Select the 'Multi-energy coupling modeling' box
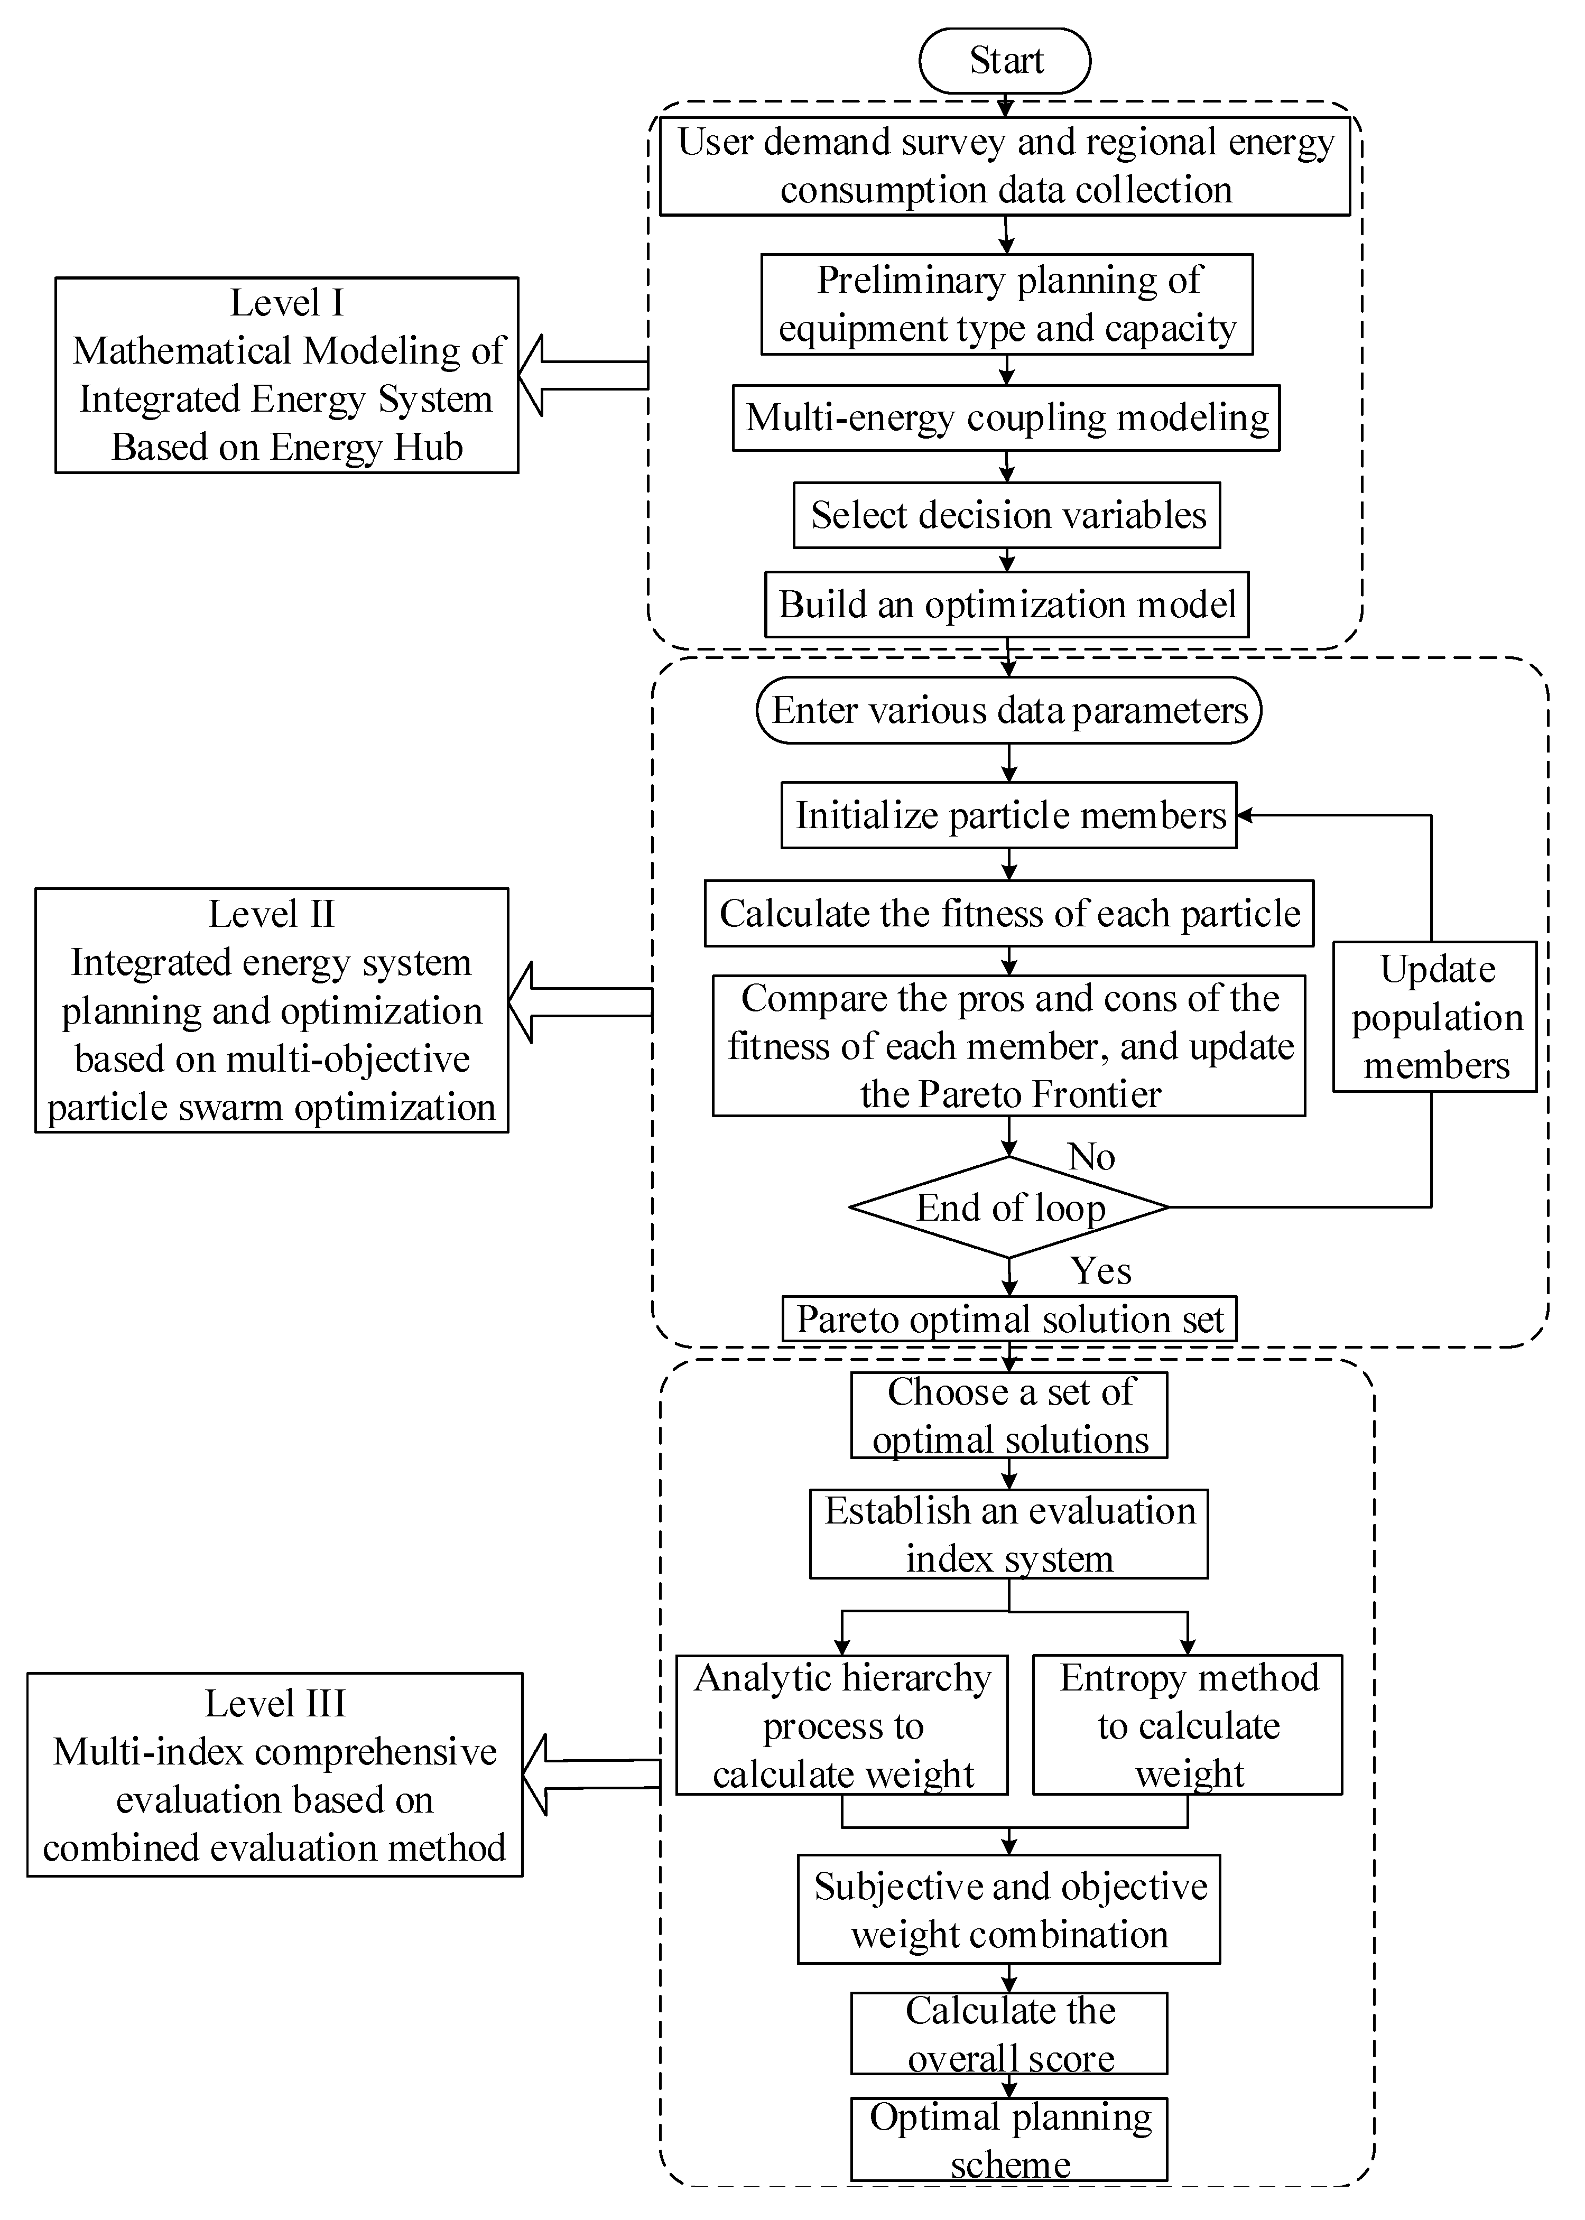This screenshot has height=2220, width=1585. [x=1006, y=417]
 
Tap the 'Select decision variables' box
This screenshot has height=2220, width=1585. [x=1006, y=515]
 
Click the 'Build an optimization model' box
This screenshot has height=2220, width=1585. [x=1006, y=605]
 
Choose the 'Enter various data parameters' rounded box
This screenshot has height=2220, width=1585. [x=1008, y=710]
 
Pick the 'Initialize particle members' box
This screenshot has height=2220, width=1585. [x=1008, y=815]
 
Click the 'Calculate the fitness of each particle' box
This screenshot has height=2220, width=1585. [x=1008, y=913]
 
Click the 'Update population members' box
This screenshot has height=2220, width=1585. [x=1435, y=1017]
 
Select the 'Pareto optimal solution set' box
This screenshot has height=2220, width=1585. [x=1009, y=1320]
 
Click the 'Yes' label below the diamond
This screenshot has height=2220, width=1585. [x=1101, y=1270]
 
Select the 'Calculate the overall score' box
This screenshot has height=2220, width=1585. [x=1009, y=2033]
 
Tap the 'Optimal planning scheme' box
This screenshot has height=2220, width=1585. [x=1009, y=2140]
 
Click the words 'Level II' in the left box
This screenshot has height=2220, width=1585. [x=271, y=914]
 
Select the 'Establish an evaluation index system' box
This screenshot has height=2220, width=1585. [x=1008, y=1534]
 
